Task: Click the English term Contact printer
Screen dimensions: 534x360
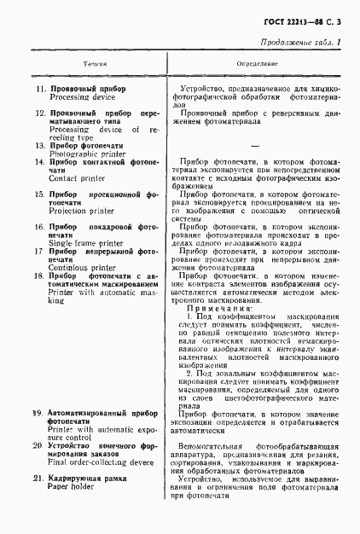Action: [x=76, y=180]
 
